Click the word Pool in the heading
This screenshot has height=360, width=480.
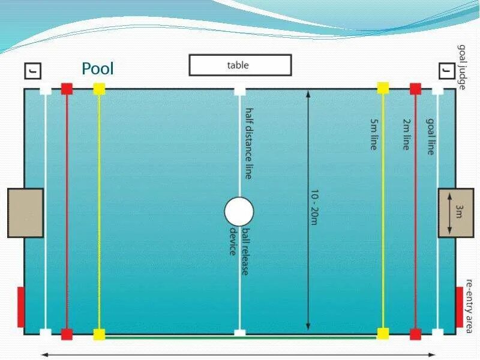tap(98, 68)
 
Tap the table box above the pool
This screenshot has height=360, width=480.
tap(240, 65)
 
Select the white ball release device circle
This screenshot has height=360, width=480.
tap(239, 212)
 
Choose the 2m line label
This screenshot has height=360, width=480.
tap(407, 134)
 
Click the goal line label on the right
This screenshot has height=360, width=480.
tap(430, 136)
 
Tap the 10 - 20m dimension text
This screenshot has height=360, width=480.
tap(314, 208)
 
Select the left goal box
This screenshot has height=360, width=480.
tap(25, 212)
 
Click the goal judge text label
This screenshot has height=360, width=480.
tap(462, 67)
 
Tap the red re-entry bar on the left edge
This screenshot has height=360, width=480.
tap(21, 307)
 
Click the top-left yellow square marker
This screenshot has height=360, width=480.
tap(99, 89)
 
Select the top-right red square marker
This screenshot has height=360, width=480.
tap(415, 89)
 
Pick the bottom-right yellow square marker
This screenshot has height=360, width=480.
tap(383, 334)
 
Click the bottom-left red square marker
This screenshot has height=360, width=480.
tap(67, 334)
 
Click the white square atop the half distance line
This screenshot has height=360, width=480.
tap(240, 91)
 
